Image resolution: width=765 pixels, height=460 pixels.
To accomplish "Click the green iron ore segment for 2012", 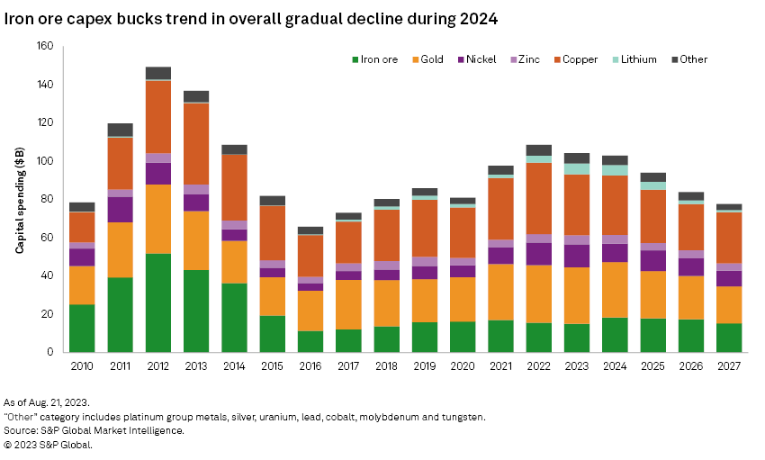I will point(158,302).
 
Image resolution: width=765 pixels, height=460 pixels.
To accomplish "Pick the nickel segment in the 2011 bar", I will point(120,210).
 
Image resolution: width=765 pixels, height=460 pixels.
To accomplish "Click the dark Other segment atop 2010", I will point(82,207).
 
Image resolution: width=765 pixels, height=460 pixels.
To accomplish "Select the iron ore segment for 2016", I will point(310,341).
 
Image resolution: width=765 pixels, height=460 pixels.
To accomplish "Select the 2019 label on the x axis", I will point(425,368).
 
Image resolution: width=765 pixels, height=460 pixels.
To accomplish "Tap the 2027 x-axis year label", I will point(729,368).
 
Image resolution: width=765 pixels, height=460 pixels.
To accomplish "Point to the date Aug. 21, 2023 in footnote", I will point(64,402).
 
